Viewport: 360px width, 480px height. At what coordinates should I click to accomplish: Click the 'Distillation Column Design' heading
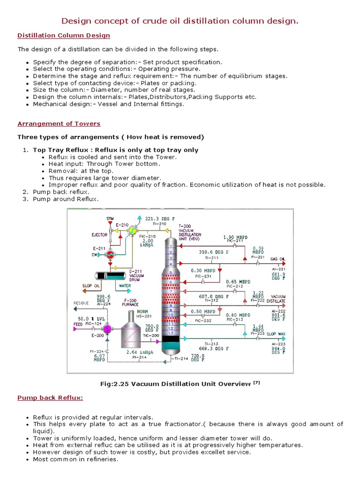(x=64, y=35)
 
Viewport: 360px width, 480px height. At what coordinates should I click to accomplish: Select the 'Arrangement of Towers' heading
(x=59, y=124)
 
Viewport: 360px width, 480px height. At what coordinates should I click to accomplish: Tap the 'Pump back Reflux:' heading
(x=50, y=398)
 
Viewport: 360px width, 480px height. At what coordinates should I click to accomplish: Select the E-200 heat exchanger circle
(x=107, y=330)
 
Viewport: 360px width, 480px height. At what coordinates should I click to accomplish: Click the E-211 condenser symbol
(x=111, y=254)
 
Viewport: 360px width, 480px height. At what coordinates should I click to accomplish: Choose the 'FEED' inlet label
(x=78, y=324)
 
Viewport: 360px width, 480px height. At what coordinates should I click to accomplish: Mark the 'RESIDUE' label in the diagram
(x=81, y=303)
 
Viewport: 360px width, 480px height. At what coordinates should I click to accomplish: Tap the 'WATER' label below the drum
(x=125, y=285)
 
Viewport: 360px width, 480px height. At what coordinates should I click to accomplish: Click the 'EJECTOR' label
(x=99, y=235)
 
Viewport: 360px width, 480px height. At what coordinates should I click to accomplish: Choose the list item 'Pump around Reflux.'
(x=66, y=199)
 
